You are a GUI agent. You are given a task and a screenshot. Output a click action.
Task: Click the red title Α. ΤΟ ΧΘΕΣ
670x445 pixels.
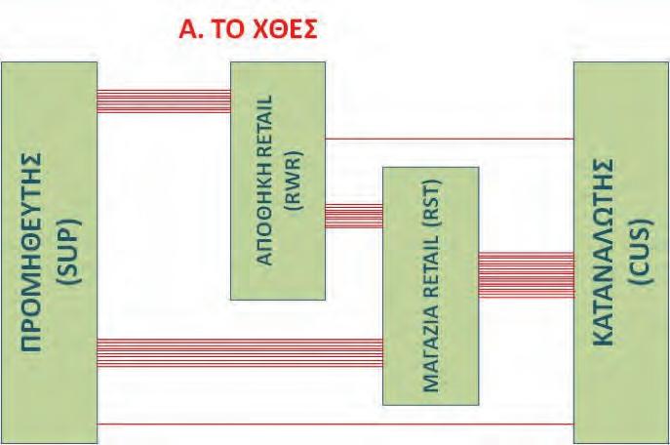(248, 29)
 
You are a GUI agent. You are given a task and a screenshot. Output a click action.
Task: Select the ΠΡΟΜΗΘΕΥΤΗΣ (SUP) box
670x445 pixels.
(50, 252)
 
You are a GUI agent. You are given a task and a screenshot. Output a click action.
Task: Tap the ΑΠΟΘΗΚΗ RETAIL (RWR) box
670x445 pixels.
(278, 181)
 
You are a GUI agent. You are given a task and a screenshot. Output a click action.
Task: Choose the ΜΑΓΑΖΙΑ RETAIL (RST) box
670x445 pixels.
(431, 286)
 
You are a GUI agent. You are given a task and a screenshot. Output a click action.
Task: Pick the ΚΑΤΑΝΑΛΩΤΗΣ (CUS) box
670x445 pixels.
(621, 252)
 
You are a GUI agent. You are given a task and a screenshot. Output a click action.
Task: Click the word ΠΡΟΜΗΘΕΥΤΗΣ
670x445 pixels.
(31, 252)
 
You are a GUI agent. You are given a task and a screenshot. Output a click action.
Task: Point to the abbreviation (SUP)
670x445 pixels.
(68, 252)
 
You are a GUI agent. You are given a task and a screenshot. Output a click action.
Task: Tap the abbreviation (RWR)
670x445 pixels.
(294, 181)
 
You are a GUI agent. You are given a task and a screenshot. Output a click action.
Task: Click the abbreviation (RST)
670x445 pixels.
(431, 203)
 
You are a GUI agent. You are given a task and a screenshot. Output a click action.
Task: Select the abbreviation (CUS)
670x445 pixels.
(641, 252)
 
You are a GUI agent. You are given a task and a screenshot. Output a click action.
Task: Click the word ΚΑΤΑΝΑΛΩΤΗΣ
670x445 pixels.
(604, 252)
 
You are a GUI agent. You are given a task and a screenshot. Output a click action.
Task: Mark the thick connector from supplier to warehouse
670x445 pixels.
(164, 101)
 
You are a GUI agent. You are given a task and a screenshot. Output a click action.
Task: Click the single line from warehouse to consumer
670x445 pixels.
(450, 139)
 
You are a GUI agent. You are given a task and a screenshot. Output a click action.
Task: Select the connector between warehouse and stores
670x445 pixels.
(354, 216)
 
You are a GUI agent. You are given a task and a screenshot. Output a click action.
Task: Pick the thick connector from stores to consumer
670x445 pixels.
(527, 275)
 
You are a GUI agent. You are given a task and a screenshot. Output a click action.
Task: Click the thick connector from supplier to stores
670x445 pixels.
(240, 353)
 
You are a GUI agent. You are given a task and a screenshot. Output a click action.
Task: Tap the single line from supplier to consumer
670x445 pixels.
(335, 425)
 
